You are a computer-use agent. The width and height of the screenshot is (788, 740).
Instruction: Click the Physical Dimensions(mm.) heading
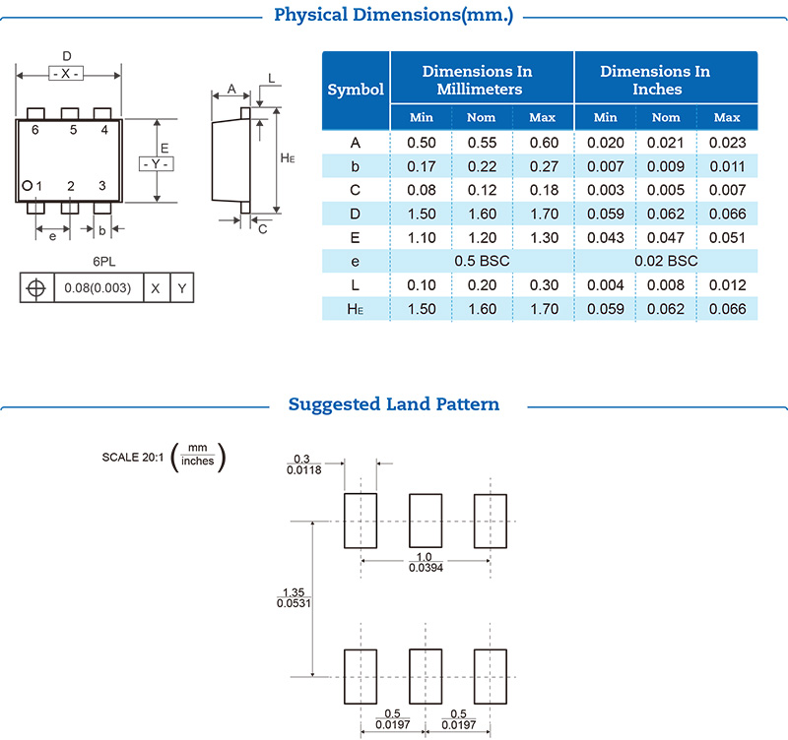click(393, 15)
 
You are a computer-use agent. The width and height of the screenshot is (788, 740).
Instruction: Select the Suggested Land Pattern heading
click(393, 404)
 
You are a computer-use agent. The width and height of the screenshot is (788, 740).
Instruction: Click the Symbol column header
click(356, 90)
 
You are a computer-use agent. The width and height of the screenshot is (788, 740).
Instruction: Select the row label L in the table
click(356, 285)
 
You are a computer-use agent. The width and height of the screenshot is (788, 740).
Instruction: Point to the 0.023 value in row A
click(726, 142)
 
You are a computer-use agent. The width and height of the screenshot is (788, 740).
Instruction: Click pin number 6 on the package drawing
click(35, 130)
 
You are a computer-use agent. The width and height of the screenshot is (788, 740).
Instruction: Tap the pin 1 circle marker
click(28, 186)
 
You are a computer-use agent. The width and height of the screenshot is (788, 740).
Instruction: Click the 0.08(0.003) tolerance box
click(98, 288)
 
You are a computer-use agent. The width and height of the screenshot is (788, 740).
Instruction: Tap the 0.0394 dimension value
click(426, 569)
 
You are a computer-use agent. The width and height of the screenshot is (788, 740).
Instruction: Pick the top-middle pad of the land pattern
click(426, 521)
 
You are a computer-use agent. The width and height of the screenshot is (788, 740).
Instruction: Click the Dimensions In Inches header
click(655, 80)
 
